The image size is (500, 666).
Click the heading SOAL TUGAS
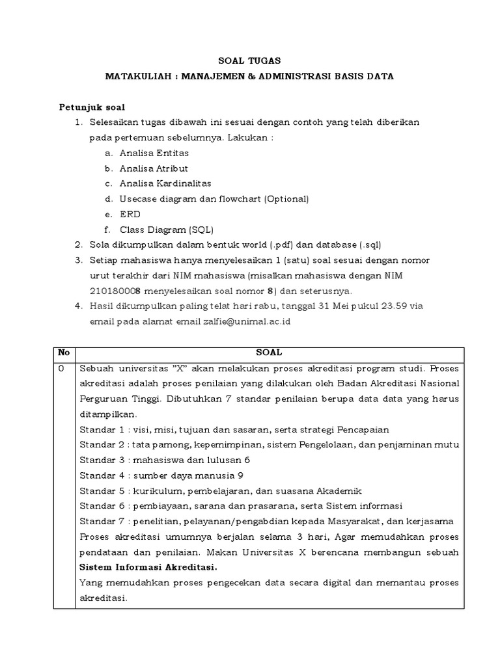pyautogui.click(x=249, y=60)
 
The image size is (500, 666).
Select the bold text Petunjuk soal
pyautogui.click(x=92, y=107)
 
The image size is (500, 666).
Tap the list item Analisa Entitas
pyautogui.click(x=154, y=153)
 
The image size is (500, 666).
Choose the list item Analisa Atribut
pyautogui.click(x=153, y=168)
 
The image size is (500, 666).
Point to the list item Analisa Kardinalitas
pyautogui.click(x=165, y=183)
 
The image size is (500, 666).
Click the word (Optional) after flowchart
pyautogui.click(x=286, y=198)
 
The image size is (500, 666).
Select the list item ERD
pyautogui.click(x=130, y=214)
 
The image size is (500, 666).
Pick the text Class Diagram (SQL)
pyautogui.click(x=166, y=229)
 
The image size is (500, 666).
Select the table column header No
pyautogui.click(x=64, y=353)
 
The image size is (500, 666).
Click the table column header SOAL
pyautogui.click(x=269, y=353)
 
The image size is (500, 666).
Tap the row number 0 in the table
pyautogui.click(x=61, y=368)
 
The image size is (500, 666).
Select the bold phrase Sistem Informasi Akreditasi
pyautogui.click(x=148, y=566)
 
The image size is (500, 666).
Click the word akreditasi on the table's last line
pyautogui.click(x=103, y=597)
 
